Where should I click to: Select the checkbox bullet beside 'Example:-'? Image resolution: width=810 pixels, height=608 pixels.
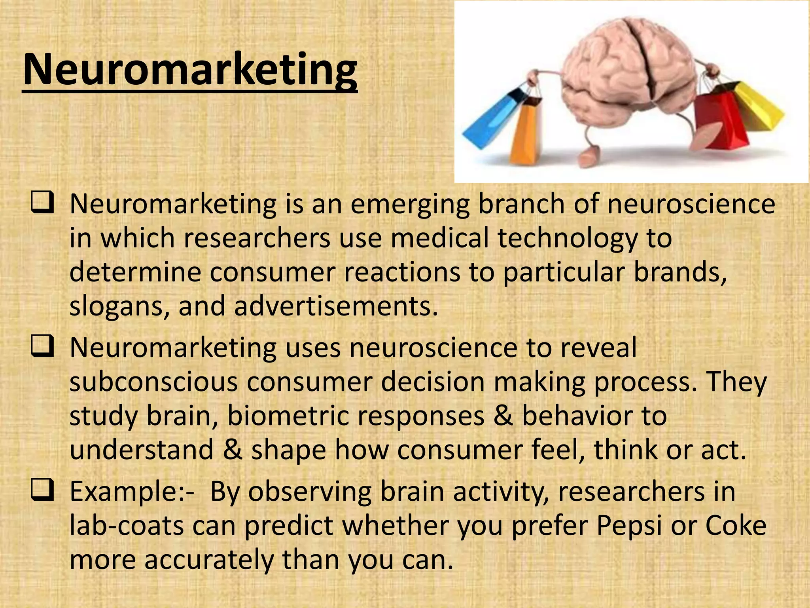point(42,491)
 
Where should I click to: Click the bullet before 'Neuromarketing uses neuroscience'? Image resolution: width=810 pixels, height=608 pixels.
point(42,347)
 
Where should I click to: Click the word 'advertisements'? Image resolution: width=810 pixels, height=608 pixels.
point(336,306)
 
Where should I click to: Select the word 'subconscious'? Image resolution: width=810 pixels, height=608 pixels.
point(153,382)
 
